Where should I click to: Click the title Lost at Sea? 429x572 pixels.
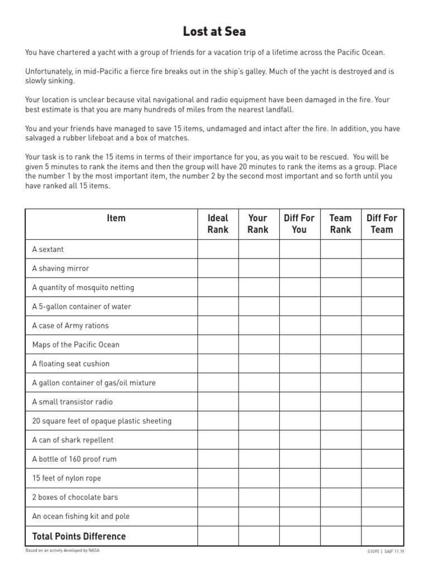[x=214, y=31]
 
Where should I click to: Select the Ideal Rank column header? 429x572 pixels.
[x=218, y=224]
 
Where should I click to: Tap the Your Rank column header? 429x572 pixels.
[x=258, y=224]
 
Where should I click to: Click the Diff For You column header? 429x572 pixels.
[x=299, y=224]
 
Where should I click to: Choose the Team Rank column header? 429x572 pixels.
[x=340, y=224]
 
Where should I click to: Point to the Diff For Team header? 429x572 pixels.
[x=382, y=224]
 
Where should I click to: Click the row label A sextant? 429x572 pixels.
[x=48, y=250]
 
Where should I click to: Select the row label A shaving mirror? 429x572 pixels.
[x=60, y=269]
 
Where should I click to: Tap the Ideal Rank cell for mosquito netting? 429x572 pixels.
[x=218, y=288]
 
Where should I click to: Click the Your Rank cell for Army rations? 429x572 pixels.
[x=258, y=326]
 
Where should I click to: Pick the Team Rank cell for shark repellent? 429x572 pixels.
[x=340, y=440]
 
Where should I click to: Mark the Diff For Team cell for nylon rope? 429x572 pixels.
[x=382, y=478]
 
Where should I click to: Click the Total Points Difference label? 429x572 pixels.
[x=79, y=536]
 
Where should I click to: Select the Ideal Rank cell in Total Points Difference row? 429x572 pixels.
[x=218, y=536]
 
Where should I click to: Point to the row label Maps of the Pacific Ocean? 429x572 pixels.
[x=75, y=345]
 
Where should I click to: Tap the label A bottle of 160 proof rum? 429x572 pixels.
[x=74, y=459]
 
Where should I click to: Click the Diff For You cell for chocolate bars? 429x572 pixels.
[x=299, y=497]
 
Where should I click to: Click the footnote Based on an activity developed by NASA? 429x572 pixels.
[x=63, y=550]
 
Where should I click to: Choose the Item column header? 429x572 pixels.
[x=116, y=218]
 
